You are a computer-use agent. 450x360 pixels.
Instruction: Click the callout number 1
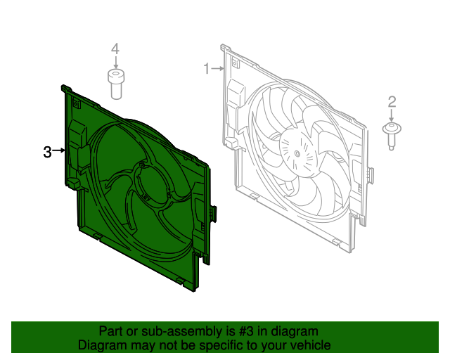point(206,69)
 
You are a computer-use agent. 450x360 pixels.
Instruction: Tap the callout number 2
point(392,102)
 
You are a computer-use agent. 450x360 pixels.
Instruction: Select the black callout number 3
point(47,152)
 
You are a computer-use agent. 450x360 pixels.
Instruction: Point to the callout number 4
point(115,49)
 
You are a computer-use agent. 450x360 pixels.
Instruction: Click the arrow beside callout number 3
point(59,150)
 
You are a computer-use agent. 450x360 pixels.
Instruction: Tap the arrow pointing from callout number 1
point(217,69)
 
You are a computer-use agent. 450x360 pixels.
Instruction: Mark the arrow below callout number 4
point(115,63)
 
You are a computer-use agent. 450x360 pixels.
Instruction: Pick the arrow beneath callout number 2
point(392,116)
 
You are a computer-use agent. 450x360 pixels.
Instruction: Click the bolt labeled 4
point(115,84)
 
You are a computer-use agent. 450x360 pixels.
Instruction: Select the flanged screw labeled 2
point(392,136)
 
